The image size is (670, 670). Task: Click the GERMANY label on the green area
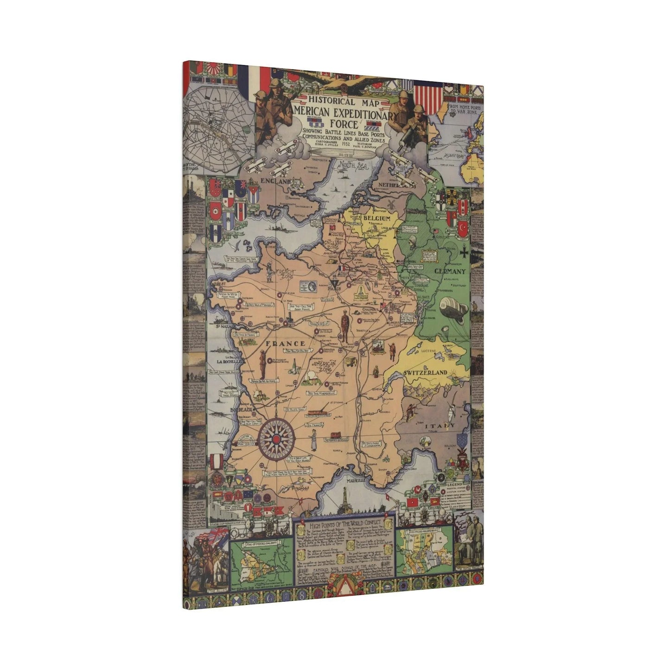tap(449, 271)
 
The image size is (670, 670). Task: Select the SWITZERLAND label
tap(425, 372)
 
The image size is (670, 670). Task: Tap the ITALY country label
tap(440, 426)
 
